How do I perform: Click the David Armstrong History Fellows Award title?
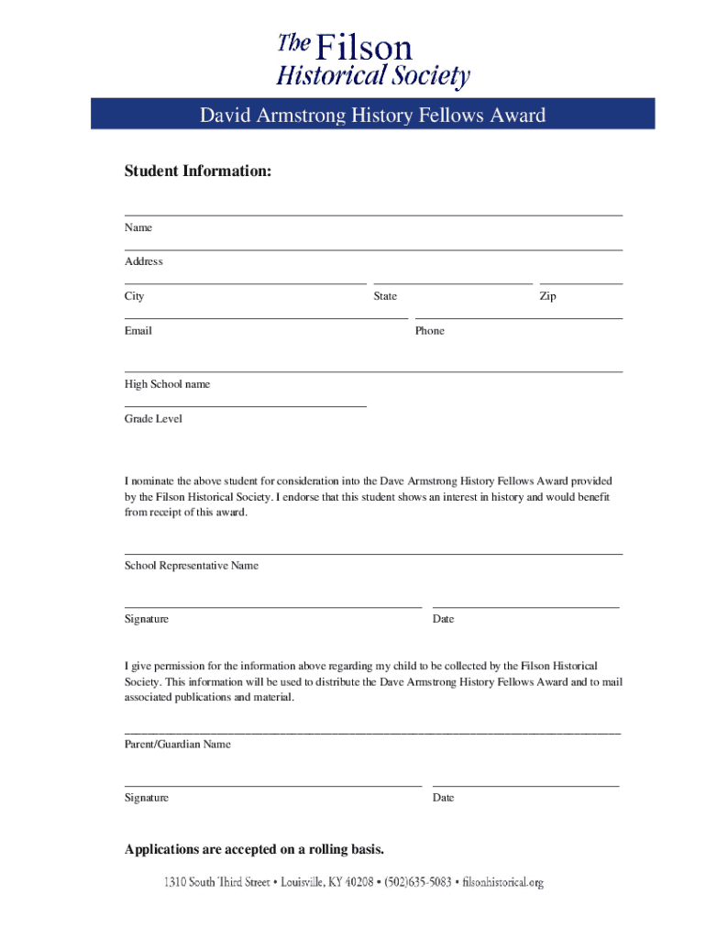tap(372, 116)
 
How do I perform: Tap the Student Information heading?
tap(198, 171)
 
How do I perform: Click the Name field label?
tap(138, 227)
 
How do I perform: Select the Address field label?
tap(144, 261)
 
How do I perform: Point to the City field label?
tap(135, 296)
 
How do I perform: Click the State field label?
tap(385, 296)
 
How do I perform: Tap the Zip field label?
tap(547, 296)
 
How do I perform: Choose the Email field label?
tap(138, 330)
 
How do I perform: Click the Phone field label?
tap(429, 330)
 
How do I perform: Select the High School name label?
tap(167, 384)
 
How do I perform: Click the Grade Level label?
tap(153, 418)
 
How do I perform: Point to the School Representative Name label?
tap(192, 566)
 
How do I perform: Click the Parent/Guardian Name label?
tap(178, 745)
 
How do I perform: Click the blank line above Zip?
tap(581, 284)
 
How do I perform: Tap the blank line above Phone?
tap(518, 318)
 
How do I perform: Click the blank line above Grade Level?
tap(245, 405)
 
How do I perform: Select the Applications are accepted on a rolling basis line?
tap(254, 849)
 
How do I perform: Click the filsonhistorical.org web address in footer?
tap(503, 883)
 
